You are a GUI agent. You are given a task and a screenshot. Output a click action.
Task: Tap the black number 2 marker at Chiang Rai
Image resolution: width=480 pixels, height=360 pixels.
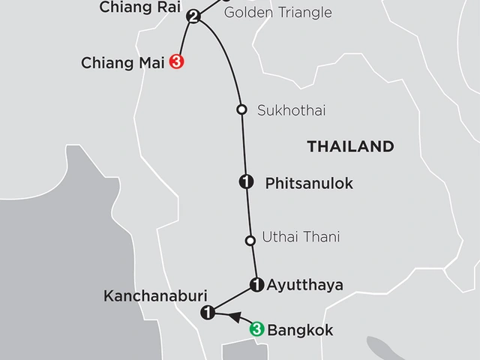click(x=194, y=16)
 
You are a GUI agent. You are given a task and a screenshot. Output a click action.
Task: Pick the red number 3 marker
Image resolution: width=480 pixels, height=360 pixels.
click(x=177, y=62)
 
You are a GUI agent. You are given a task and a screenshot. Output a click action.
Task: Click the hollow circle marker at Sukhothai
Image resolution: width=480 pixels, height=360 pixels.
click(x=241, y=109)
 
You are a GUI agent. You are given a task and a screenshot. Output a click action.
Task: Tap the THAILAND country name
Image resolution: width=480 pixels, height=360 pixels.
click(x=350, y=147)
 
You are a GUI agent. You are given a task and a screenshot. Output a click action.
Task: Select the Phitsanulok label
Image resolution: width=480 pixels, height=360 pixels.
click(x=298, y=182)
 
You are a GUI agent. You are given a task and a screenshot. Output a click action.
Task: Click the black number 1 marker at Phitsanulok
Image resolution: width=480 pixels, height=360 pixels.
click(x=244, y=181)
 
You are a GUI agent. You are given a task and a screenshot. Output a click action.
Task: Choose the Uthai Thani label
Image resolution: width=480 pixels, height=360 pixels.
click(x=301, y=238)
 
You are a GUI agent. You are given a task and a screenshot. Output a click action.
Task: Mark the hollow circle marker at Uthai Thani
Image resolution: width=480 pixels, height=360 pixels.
click(x=250, y=240)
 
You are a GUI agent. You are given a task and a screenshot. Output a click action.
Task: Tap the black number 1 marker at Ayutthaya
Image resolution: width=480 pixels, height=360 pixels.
click(x=256, y=284)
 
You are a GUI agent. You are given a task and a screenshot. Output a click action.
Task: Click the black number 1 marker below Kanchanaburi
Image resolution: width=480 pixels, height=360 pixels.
click(x=208, y=312)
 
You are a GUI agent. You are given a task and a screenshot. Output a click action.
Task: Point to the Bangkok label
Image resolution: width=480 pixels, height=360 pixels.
click(x=300, y=330)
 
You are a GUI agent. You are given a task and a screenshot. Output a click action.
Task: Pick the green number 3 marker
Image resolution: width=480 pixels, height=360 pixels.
click(x=256, y=328)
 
